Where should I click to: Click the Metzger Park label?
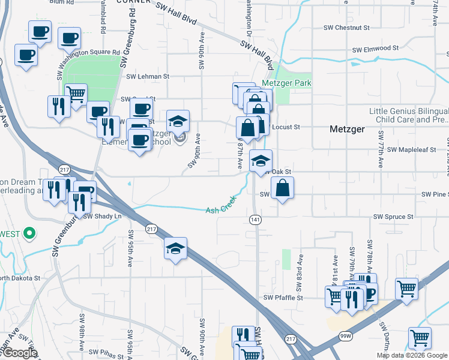(286, 83)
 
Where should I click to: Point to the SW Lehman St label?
(148, 76)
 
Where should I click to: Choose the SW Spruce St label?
(393, 216)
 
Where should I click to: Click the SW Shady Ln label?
(103, 216)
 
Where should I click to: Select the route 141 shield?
(255, 220)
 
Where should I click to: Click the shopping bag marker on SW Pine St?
(282, 189)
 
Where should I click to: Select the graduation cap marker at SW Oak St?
(261, 161)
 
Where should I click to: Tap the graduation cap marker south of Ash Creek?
(175, 248)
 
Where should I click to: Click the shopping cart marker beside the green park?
(76, 94)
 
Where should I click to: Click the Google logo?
(19, 353)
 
